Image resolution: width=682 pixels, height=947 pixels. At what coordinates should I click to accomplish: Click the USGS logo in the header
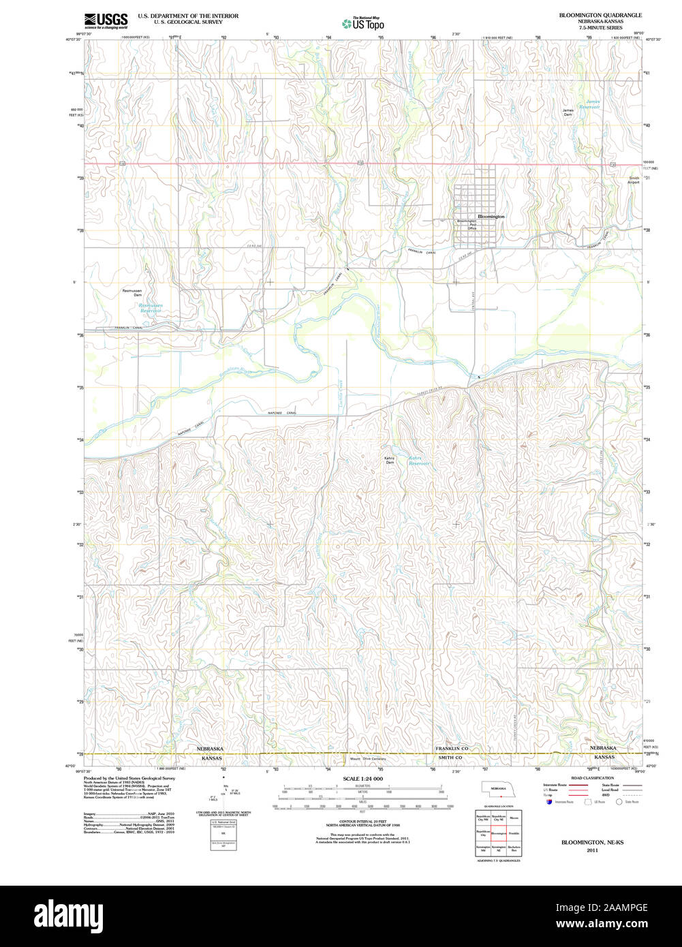[106, 20]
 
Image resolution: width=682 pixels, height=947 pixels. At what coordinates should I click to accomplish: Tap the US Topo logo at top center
[363, 24]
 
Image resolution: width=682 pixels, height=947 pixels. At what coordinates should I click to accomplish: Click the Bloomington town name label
[491, 216]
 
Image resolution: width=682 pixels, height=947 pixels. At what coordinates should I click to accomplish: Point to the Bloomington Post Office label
[467, 225]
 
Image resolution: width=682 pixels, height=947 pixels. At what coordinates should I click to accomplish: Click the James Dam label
[568, 112]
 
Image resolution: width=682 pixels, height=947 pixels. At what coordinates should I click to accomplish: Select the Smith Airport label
[634, 181]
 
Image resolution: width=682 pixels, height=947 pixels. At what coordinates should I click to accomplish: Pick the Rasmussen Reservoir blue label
[151, 308]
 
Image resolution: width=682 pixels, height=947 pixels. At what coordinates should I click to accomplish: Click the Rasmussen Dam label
[132, 293]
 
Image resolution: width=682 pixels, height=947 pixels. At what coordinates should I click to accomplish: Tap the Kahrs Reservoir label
[419, 461]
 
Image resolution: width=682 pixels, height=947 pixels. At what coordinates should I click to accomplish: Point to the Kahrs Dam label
[389, 461]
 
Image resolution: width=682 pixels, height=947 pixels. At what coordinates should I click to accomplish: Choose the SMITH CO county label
[450, 758]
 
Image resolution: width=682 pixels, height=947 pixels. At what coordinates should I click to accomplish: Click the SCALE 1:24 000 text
[363, 779]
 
